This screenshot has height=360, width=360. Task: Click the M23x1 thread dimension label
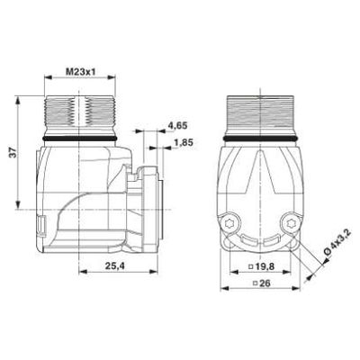click(x=79, y=72)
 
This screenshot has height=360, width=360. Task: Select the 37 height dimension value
click(x=13, y=152)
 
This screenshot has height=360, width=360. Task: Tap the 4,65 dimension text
click(x=177, y=126)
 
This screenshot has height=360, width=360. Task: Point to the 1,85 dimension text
click(x=184, y=142)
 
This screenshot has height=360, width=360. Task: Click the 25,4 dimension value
click(x=115, y=265)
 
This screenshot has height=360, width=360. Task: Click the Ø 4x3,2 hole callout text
click(x=333, y=245)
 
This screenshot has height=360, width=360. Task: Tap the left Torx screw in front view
click(x=231, y=223)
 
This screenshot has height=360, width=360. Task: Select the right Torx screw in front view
click(x=290, y=223)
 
